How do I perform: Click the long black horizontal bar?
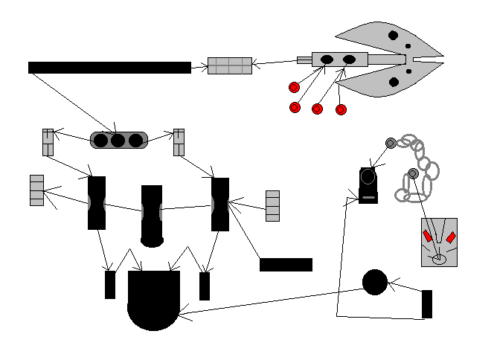tap(109, 68)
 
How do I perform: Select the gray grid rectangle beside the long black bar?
tap(229, 65)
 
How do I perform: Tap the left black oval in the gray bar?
tap(327, 60)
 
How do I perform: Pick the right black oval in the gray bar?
tap(348, 60)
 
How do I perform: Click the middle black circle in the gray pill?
tap(118, 140)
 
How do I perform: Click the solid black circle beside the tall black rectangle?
tap(375, 282)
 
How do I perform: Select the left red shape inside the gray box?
tap(428, 237)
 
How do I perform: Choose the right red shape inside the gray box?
tap(450, 237)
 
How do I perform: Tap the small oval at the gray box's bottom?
tap(439, 259)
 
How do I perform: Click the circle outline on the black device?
tap(368, 177)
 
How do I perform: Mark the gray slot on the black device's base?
tap(368, 199)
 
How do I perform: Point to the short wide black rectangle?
tap(286, 265)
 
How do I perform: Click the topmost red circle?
tap(294, 88)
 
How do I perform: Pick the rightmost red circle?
tap(341, 110)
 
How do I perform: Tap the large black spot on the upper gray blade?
tap(394, 35)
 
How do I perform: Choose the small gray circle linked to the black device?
tap(390, 143)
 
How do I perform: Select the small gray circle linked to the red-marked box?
tap(413, 174)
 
